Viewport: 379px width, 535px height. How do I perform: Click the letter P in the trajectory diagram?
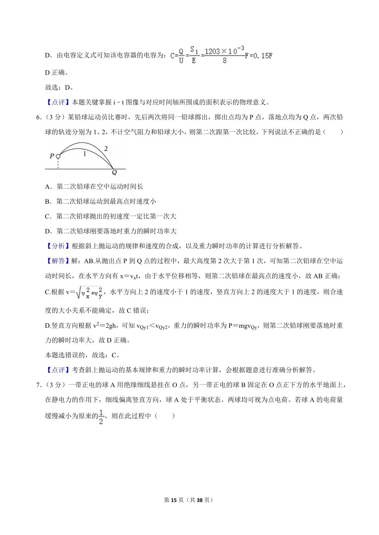coord(52,156)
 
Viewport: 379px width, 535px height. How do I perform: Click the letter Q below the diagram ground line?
coord(114,173)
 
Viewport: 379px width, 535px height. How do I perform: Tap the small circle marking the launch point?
coord(58,156)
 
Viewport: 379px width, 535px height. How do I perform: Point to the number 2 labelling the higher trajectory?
coord(106,149)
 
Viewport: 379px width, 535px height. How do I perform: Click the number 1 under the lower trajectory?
coord(85,153)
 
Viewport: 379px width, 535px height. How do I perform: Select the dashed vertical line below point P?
coord(58,164)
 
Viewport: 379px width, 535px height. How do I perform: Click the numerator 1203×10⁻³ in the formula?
coord(224,51)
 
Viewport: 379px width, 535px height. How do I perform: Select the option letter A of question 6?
coord(48,187)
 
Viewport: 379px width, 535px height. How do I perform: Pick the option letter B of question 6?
coord(48,201)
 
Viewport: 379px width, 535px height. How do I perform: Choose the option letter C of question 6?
coord(48,217)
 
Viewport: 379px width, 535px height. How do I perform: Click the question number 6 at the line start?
coord(39,117)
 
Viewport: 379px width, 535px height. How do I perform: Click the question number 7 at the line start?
coord(39,385)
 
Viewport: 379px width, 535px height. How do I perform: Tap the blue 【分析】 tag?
coord(58,246)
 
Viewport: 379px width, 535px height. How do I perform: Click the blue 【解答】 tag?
coord(58,261)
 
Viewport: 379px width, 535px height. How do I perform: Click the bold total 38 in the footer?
coord(200,500)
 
